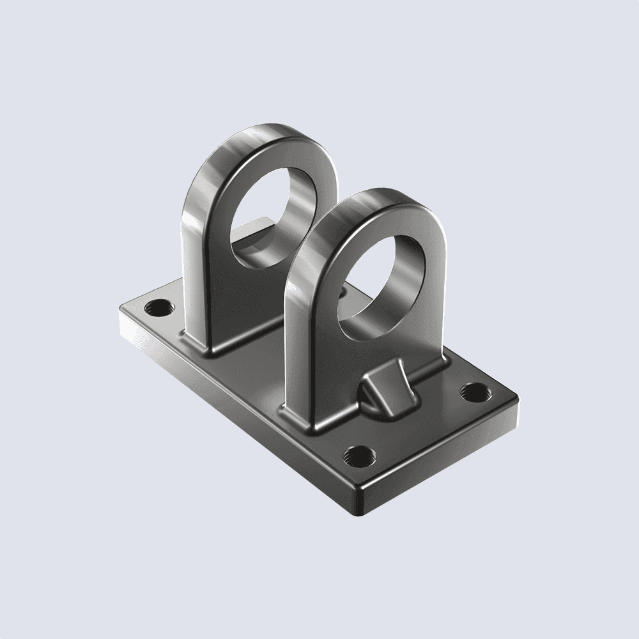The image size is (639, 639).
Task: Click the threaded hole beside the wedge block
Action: click(475, 390)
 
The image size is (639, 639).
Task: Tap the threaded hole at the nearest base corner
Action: click(357, 456)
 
